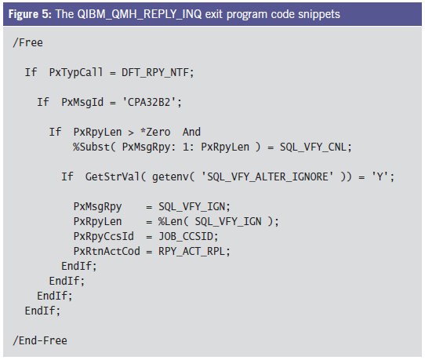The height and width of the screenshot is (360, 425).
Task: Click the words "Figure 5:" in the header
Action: (x=30, y=14)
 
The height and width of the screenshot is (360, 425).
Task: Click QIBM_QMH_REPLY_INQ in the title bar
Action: (x=140, y=14)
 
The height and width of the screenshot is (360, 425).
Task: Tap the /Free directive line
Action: (x=27, y=42)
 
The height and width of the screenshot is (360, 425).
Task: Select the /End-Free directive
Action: (x=40, y=340)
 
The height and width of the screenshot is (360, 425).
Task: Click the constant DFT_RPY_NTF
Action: (x=154, y=72)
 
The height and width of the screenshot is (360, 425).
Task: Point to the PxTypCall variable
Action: (x=76, y=72)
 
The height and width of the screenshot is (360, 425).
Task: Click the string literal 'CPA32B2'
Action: (x=149, y=102)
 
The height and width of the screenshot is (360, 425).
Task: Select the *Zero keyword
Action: (x=155, y=132)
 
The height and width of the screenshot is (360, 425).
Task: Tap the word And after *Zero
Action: (x=191, y=132)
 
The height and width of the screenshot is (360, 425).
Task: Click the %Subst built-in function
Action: (x=91, y=147)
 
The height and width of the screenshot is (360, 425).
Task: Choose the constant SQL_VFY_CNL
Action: (x=313, y=147)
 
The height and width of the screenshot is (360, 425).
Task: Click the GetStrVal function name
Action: (x=112, y=176)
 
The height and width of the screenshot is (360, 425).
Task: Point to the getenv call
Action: (x=170, y=176)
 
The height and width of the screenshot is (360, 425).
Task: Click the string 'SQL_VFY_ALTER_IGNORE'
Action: (x=267, y=176)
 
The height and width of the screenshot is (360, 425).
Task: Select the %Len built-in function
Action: (x=170, y=221)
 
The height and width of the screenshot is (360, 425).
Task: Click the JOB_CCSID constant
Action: (x=185, y=236)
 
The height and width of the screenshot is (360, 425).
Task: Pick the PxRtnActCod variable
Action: (x=107, y=251)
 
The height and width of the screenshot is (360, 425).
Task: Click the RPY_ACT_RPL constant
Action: (x=191, y=251)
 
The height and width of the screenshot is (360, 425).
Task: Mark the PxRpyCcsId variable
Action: (x=104, y=236)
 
